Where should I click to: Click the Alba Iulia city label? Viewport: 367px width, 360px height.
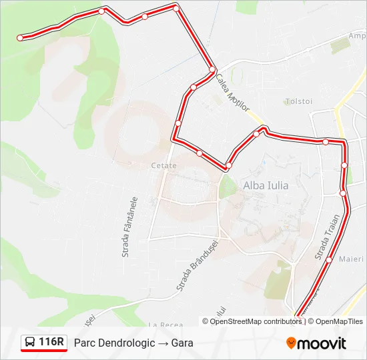266,185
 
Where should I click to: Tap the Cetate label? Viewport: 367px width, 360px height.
163,165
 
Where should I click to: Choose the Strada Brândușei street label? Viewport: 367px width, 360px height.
198,265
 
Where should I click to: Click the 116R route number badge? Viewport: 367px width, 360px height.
51,343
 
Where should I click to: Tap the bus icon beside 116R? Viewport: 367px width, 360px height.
31,343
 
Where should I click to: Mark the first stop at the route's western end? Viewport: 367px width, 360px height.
20,38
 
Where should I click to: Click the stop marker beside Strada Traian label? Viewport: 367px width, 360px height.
329,259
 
